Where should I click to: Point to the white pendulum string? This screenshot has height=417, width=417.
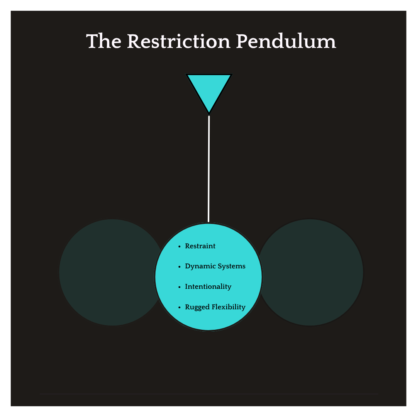pyautogui.click(x=209, y=170)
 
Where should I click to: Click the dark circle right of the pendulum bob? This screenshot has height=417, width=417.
pyautogui.click(x=317, y=272)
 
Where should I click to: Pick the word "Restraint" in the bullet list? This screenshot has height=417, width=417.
pyautogui.click(x=200, y=246)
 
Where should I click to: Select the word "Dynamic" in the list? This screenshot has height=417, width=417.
pyautogui.click(x=198, y=266)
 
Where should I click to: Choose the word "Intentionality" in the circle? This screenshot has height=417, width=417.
pyautogui.click(x=208, y=286)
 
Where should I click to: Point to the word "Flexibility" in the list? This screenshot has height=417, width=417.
pyautogui.click(x=228, y=307)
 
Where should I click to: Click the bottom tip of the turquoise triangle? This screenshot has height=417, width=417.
pyautogui.click(x=209, y=112)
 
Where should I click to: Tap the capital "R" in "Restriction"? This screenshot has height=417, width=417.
pyautogui.click(x=134, y=41)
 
